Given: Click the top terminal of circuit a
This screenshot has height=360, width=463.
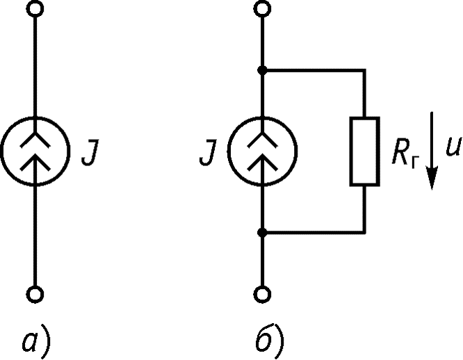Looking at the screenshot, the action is (x=35, y=8).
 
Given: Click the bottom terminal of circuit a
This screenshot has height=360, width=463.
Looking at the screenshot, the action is (x=35, y=295).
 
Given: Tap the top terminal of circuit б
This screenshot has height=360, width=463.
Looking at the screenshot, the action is (x=262, y=8).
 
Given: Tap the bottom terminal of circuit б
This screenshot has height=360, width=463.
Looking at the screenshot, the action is (x=262, y=295).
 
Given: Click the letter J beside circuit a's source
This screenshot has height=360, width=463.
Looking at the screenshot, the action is (x=90, y=152).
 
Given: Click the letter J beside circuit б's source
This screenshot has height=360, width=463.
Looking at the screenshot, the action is (x=208, y=152).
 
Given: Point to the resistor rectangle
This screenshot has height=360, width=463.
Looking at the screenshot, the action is (x=351, y=152).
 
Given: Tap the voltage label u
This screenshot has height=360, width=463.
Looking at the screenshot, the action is (x=453, y=147).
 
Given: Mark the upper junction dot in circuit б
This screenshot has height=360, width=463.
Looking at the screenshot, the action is (x=262, y=70).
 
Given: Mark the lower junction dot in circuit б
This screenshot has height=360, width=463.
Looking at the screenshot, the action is (x=262, y=233).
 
